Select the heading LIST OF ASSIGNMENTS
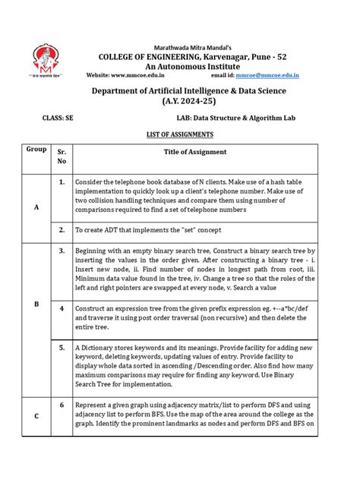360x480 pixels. pos(180,134)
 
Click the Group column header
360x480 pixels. pos(36,149)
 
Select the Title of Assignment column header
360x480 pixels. pos(195,152)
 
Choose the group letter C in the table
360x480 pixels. pos(36,415)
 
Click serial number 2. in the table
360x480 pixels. pos(61,228)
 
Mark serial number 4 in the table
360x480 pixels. pos(61,308)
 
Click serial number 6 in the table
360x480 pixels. pos(61,406)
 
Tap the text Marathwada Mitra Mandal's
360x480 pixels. pos(180,43)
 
